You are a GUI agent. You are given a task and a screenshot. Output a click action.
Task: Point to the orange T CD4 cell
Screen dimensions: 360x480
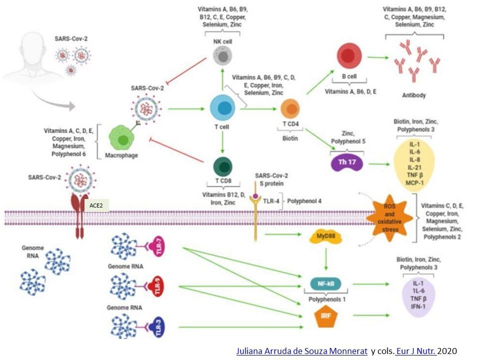click(290, 108)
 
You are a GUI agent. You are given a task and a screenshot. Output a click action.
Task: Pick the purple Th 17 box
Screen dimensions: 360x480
click(345, 163)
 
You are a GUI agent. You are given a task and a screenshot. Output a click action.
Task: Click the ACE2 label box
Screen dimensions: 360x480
click(96, 205)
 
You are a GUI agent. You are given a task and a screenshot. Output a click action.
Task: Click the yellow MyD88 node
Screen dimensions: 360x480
click(325, 236)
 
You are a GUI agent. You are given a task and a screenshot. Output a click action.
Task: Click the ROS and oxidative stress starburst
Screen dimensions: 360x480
click(390, 217)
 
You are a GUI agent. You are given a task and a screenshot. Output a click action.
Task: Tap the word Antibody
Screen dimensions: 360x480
click(414, 94)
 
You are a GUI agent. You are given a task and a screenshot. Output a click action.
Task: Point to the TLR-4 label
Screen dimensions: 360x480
click(271, 201)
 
